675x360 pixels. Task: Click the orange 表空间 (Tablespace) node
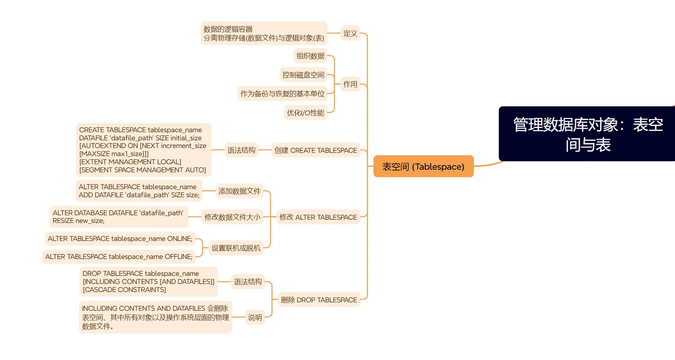423,167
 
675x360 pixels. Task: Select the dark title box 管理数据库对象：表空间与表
588,134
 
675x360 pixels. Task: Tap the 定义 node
350,33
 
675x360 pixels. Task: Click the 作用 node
350,84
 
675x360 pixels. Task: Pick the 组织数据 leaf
310,56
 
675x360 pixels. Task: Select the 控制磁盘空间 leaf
303,75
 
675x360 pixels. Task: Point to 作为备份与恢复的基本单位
283,93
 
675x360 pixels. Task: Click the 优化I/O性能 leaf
305,113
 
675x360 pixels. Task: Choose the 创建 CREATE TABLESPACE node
316,150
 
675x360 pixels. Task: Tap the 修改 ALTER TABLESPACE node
318,217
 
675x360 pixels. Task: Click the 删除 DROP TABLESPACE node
319,300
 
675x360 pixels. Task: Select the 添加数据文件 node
239,191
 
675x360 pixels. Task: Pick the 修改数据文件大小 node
232,217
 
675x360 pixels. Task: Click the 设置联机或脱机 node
236,248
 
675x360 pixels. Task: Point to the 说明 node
255,317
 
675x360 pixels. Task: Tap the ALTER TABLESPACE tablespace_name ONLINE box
120,239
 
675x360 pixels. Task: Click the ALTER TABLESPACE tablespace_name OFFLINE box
119,256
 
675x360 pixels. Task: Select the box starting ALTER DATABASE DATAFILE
118,216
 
